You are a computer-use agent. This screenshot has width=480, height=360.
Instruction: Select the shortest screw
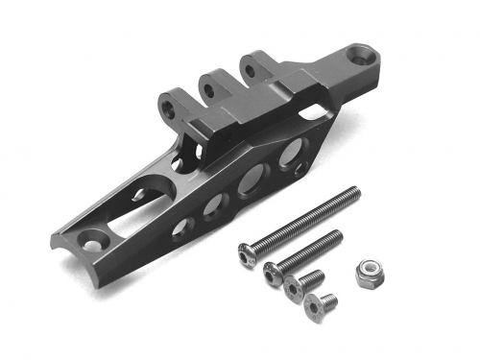(x=316, y=306)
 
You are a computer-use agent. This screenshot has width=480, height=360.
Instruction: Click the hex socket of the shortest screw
(x=313, y=308)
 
